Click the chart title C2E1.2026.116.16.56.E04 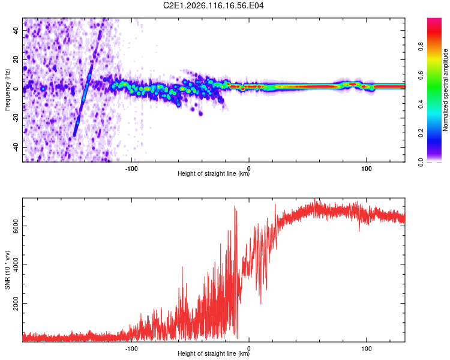[x=214, y=5]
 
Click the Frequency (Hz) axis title [x=7, y=89]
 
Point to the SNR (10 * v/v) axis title [x=7, y=269]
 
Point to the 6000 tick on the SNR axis [x=14, y=226]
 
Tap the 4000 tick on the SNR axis [x=14, y=265]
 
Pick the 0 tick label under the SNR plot [x=249, y=347]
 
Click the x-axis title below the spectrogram [x=214, y=174]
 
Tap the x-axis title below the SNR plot [x=214, y=354]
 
